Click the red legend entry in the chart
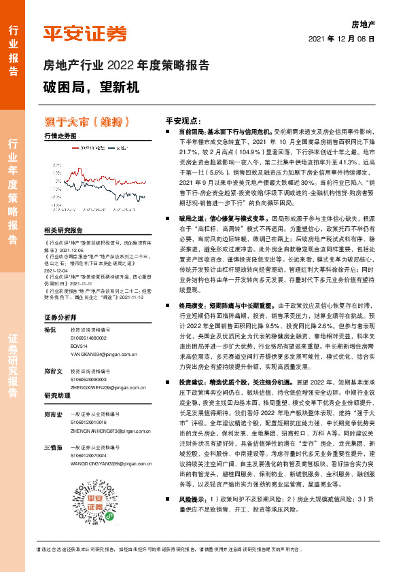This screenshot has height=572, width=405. [x=87, y=147]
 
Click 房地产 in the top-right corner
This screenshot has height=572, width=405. [x=364, y=24]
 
